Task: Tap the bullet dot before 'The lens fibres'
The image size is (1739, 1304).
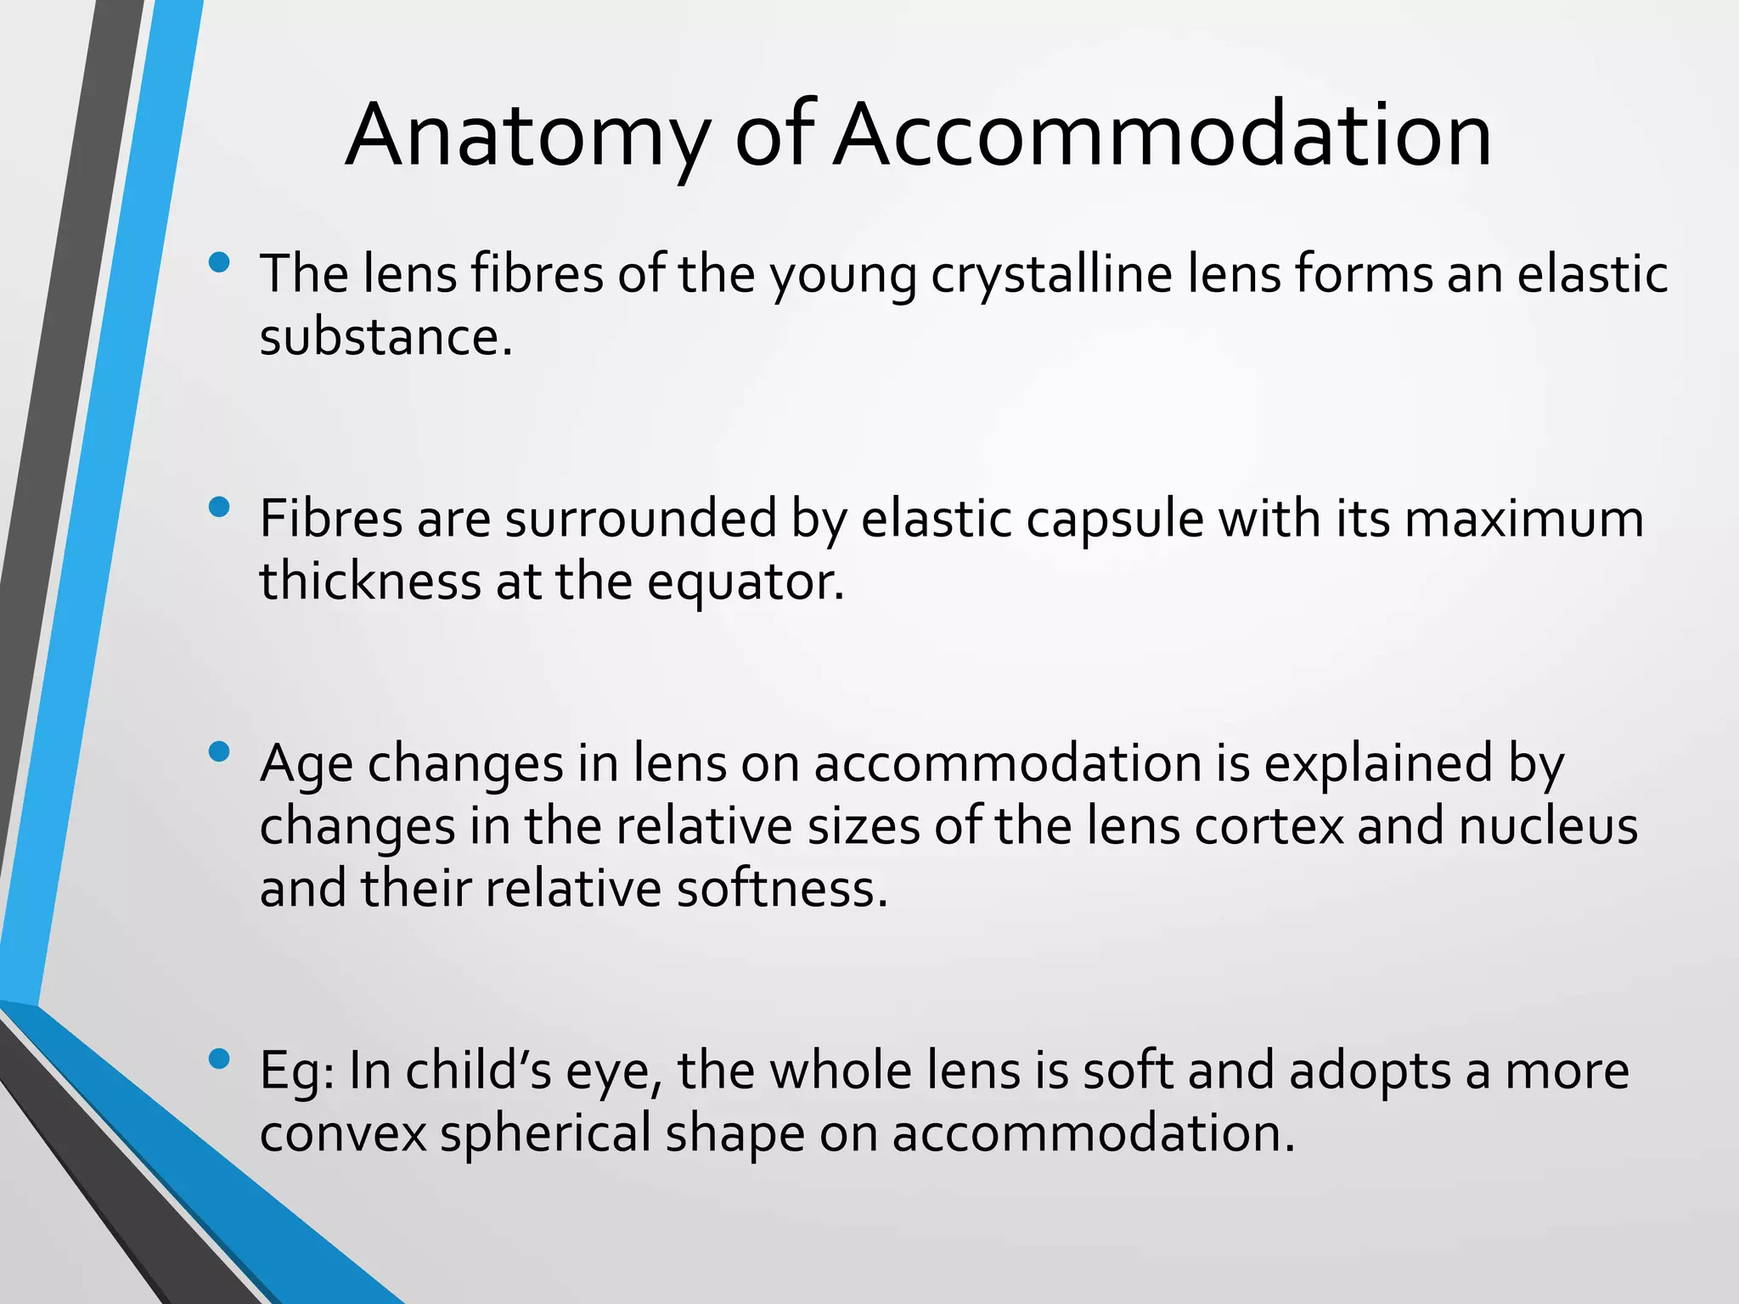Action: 219,262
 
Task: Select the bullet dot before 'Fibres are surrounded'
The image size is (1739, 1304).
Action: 219,508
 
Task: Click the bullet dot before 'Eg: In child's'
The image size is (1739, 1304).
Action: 219,1059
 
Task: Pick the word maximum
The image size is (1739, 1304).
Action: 1523,520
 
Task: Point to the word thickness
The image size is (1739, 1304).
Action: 370,582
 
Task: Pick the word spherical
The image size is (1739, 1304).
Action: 545,1133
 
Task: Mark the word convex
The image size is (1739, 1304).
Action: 343,1133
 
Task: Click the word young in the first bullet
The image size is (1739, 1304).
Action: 842,275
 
